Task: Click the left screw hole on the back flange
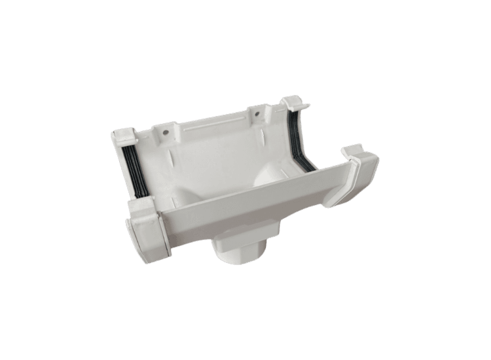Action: [x=165, y=134]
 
